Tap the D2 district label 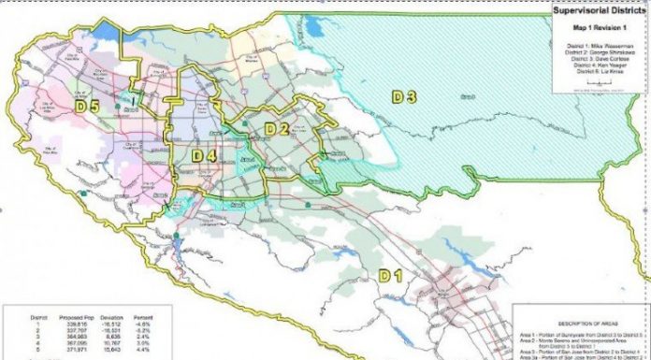275,128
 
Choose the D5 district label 88,107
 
